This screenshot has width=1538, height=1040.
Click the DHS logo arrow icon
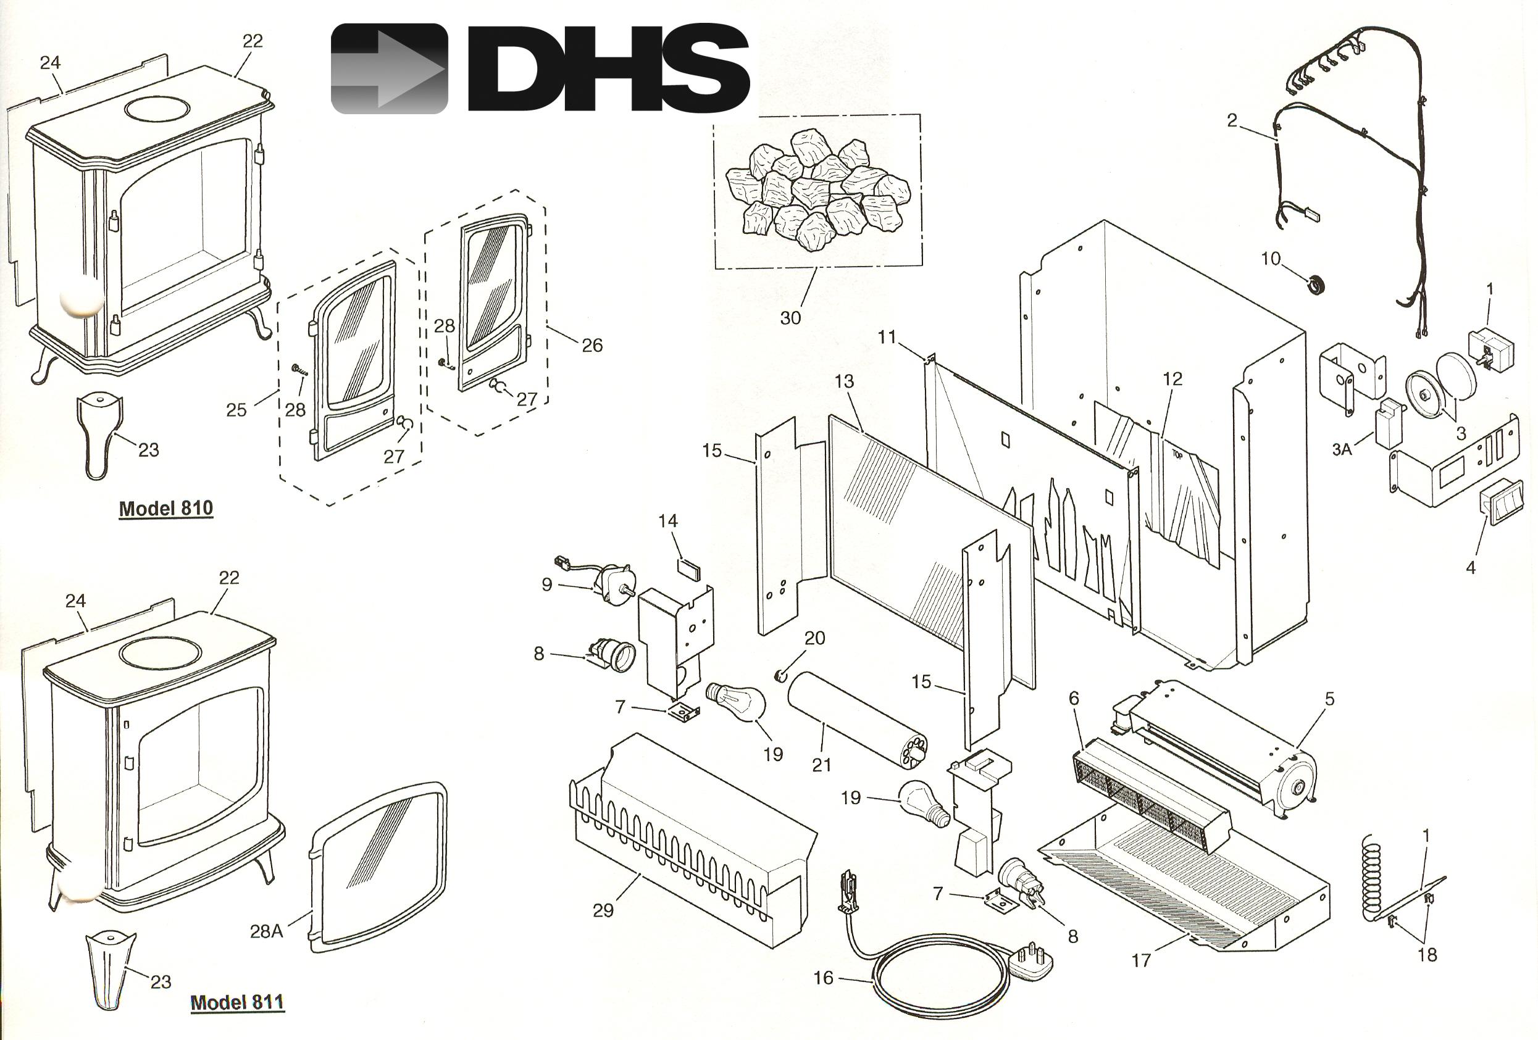(389, 69)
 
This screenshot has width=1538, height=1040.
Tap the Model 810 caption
(166, 508)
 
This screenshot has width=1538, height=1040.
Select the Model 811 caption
(238, 1002)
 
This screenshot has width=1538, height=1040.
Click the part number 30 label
(790, 318)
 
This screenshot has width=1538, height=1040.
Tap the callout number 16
(823, 978)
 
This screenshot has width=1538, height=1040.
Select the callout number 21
(821, 765)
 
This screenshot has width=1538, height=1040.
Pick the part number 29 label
(603, 910)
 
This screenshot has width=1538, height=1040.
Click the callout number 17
(1141, 960)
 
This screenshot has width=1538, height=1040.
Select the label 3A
(1342, 450)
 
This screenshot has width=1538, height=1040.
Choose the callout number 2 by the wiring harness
(1232, 120)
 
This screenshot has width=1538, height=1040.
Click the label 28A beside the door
(267, 931)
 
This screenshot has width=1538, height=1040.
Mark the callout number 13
(845, 381)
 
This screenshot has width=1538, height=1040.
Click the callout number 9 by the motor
(546, 585)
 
